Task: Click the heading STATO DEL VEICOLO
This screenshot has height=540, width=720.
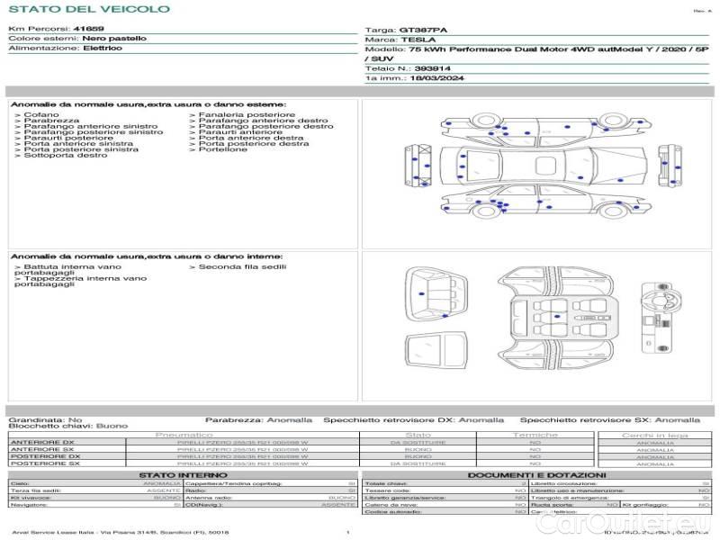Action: tap(88, 9)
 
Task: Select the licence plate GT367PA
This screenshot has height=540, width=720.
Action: tap(422, 30)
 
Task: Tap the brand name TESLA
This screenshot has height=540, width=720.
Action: tap(418, 40)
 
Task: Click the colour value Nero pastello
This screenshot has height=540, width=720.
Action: tap(113, 39)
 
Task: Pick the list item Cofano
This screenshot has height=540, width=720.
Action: tap(41, 115)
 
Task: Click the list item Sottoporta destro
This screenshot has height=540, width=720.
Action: tap(66, 155)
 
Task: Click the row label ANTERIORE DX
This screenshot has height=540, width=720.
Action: tap(42, 442)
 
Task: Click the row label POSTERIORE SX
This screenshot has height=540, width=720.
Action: tap(43, 463)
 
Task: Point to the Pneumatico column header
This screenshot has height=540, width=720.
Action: tap(209, 435)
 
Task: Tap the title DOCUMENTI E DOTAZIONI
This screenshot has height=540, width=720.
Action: tap(536, 475)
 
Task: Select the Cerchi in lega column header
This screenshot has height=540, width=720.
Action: tap(654, 435)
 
